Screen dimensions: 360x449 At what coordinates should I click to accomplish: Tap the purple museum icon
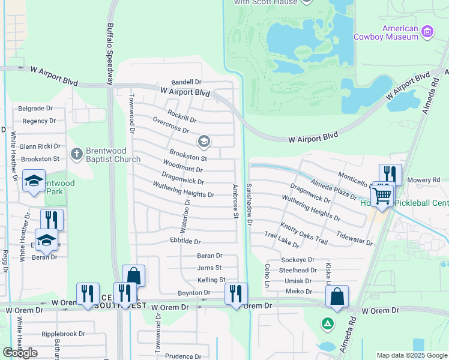[x=427, y=31]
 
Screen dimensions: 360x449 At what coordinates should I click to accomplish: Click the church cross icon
[x=76, y=154]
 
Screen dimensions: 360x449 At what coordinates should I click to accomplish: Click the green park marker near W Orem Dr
[x=328, y=324]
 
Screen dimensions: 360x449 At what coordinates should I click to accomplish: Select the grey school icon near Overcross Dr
[x=203, y=142]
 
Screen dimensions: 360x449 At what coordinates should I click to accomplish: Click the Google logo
[x=20, y=353]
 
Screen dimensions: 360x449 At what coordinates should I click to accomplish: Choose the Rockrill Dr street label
[x=182, y=115]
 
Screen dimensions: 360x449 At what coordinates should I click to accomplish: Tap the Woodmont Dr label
[x=184, y=166]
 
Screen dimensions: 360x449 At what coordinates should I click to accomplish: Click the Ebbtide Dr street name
[x=185, y=241]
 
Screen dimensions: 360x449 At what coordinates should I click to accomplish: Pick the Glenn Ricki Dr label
[x=40, y=146]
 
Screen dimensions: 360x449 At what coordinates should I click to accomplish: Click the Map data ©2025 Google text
[x=412, y=355]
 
